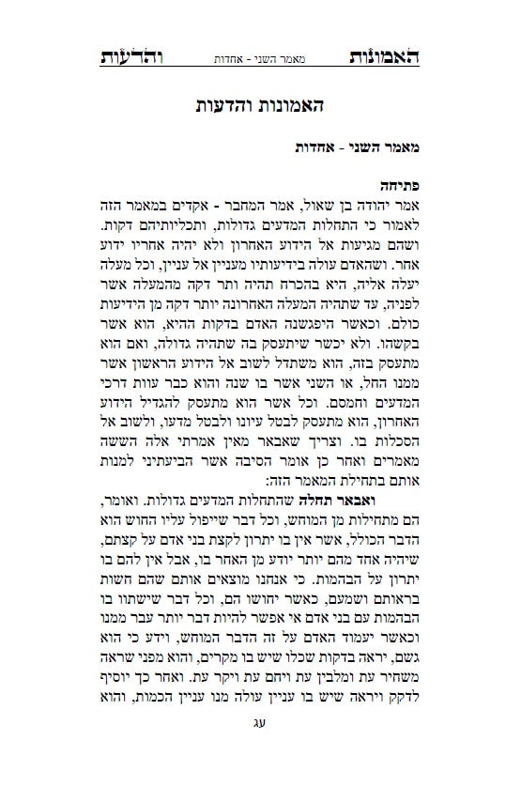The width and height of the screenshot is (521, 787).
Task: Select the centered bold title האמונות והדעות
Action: click(x=260, y=105)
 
